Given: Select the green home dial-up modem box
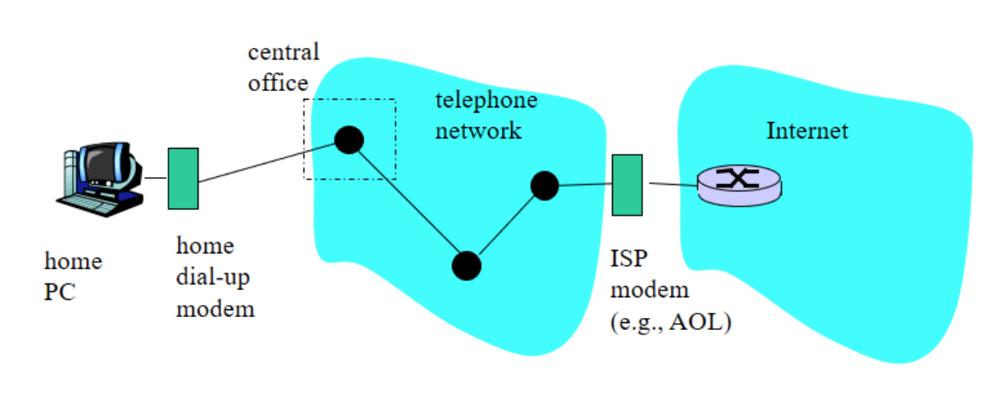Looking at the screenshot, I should click(x=183, y=178).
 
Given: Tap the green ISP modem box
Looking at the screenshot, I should click(x=627, y=185).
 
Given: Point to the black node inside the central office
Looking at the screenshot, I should click(x=348, y=139).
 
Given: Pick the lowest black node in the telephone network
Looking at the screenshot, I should click(x=467, y=266).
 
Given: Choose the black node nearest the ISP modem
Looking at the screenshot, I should click(x=545, y=185).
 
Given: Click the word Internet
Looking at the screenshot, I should click(x=807, y=131).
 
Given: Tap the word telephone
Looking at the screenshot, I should click(x=486, y=101).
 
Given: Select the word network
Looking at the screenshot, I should click(x=479, y=131).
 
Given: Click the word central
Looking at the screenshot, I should click(x=284, y=52).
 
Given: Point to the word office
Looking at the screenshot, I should click(x=278, y=82).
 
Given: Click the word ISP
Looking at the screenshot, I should click(x=627, y=259).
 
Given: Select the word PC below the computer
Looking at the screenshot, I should click(x=59, y=291).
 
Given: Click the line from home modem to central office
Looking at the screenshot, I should click(x=266, y=162).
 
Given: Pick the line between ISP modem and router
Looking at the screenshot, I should click(x=672, y=184).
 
